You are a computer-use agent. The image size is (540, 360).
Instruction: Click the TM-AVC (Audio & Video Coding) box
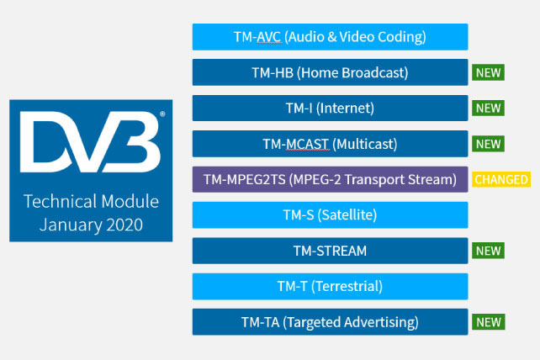pyautogui.click(x=330, y=37)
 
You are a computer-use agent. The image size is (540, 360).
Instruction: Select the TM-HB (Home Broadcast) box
pyautogui.click(x=330, y=72)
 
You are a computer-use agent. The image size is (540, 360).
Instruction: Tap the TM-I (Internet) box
pyautogui.click(x=330, y=109)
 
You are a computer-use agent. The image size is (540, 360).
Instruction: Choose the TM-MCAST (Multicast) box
pyautogui.click(x=330, y=144)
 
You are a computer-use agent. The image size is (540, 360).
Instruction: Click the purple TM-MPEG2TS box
pyautogui.click(x=330, y=179)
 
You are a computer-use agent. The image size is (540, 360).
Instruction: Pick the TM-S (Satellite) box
pyautogui.click(x=330, y=215)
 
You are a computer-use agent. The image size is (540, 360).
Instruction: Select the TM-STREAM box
pyautogui.click(x=330, y=251)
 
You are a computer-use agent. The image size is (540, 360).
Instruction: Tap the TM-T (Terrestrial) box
pyautogui.click(x=330, y=286)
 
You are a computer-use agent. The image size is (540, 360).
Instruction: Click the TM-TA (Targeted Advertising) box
pyautogui.click(x=330, y=322)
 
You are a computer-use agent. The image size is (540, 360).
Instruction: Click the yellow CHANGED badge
pyautogui.click(x=501, y=179)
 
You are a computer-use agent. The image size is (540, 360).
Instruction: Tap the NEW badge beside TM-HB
pyautogui.click(x=488, y=72)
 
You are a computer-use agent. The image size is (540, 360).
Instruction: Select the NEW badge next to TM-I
pyautogui.click(x=488, y=109)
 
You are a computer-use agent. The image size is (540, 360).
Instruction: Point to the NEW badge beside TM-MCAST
pyautogui.click(x=488, y=144)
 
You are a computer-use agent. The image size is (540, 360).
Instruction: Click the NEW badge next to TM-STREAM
pyautogui.click(x=488, y=251)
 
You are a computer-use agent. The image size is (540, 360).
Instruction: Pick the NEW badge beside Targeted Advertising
pyautogui.click(x=489, y=322)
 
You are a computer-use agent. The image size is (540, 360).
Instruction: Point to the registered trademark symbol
pyautogui.click(x=162, y=114)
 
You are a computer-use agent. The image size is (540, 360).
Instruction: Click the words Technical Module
pyautogui.click(x=91, y=202)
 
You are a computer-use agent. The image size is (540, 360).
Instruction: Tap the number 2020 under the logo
pyautogui.click(x=124, y=225)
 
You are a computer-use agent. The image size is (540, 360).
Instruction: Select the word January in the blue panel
pyautogui.click(x=71, y=225)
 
